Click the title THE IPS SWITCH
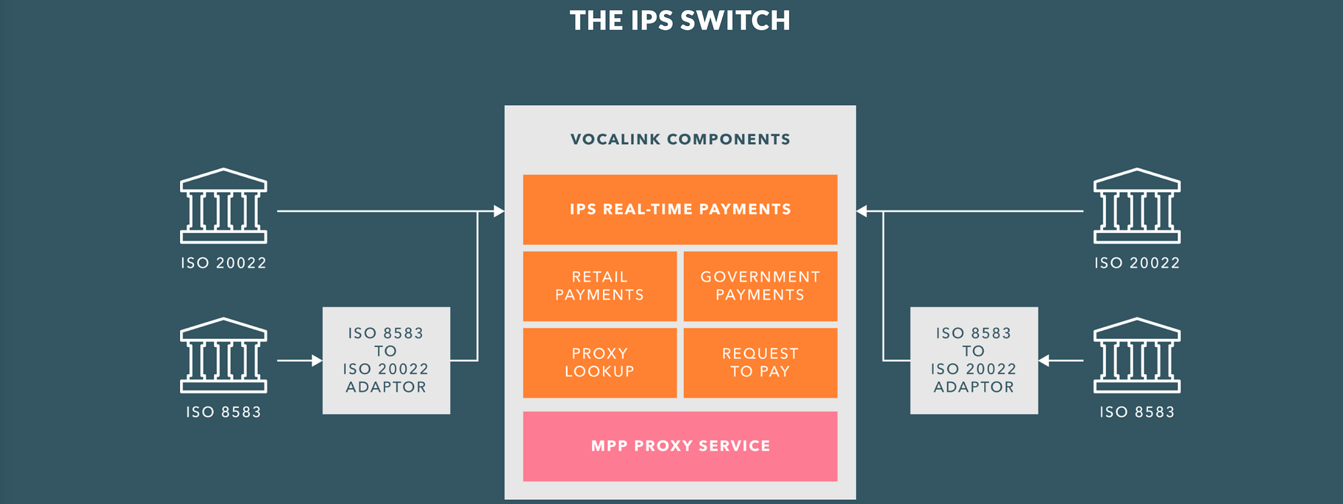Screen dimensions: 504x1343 tap(680, 21)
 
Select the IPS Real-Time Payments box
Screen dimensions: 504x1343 tap(680, 209)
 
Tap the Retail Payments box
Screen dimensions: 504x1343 tap(600, 286)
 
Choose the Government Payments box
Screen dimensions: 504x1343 tap(760, 286)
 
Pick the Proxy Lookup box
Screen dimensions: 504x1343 tap(600, 362)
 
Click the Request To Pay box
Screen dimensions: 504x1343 tap(760, 362)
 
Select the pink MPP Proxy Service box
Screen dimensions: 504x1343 tap(680, 446)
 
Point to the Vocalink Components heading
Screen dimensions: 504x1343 tap(680, 140)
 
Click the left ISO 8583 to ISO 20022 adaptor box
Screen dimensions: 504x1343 tap(386, 360)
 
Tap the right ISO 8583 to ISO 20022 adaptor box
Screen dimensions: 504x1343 tap(974, 360)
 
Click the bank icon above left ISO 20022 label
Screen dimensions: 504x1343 tap(224, 205)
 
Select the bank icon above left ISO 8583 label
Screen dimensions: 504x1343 tap(224, 355)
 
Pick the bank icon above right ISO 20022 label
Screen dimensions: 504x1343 tap(1137, 205)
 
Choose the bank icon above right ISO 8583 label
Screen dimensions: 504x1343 tap(1137, 355)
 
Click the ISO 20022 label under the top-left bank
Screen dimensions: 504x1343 tap(224, 263)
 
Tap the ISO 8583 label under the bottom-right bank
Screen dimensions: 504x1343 tap(1137, 412)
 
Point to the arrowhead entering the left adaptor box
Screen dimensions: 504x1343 tap(317, 360)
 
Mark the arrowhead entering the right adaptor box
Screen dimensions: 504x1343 tap(1044, 360)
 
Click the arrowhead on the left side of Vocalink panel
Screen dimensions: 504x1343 tap(499, 211)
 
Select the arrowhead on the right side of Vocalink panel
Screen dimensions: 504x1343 tap(862, 211)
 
